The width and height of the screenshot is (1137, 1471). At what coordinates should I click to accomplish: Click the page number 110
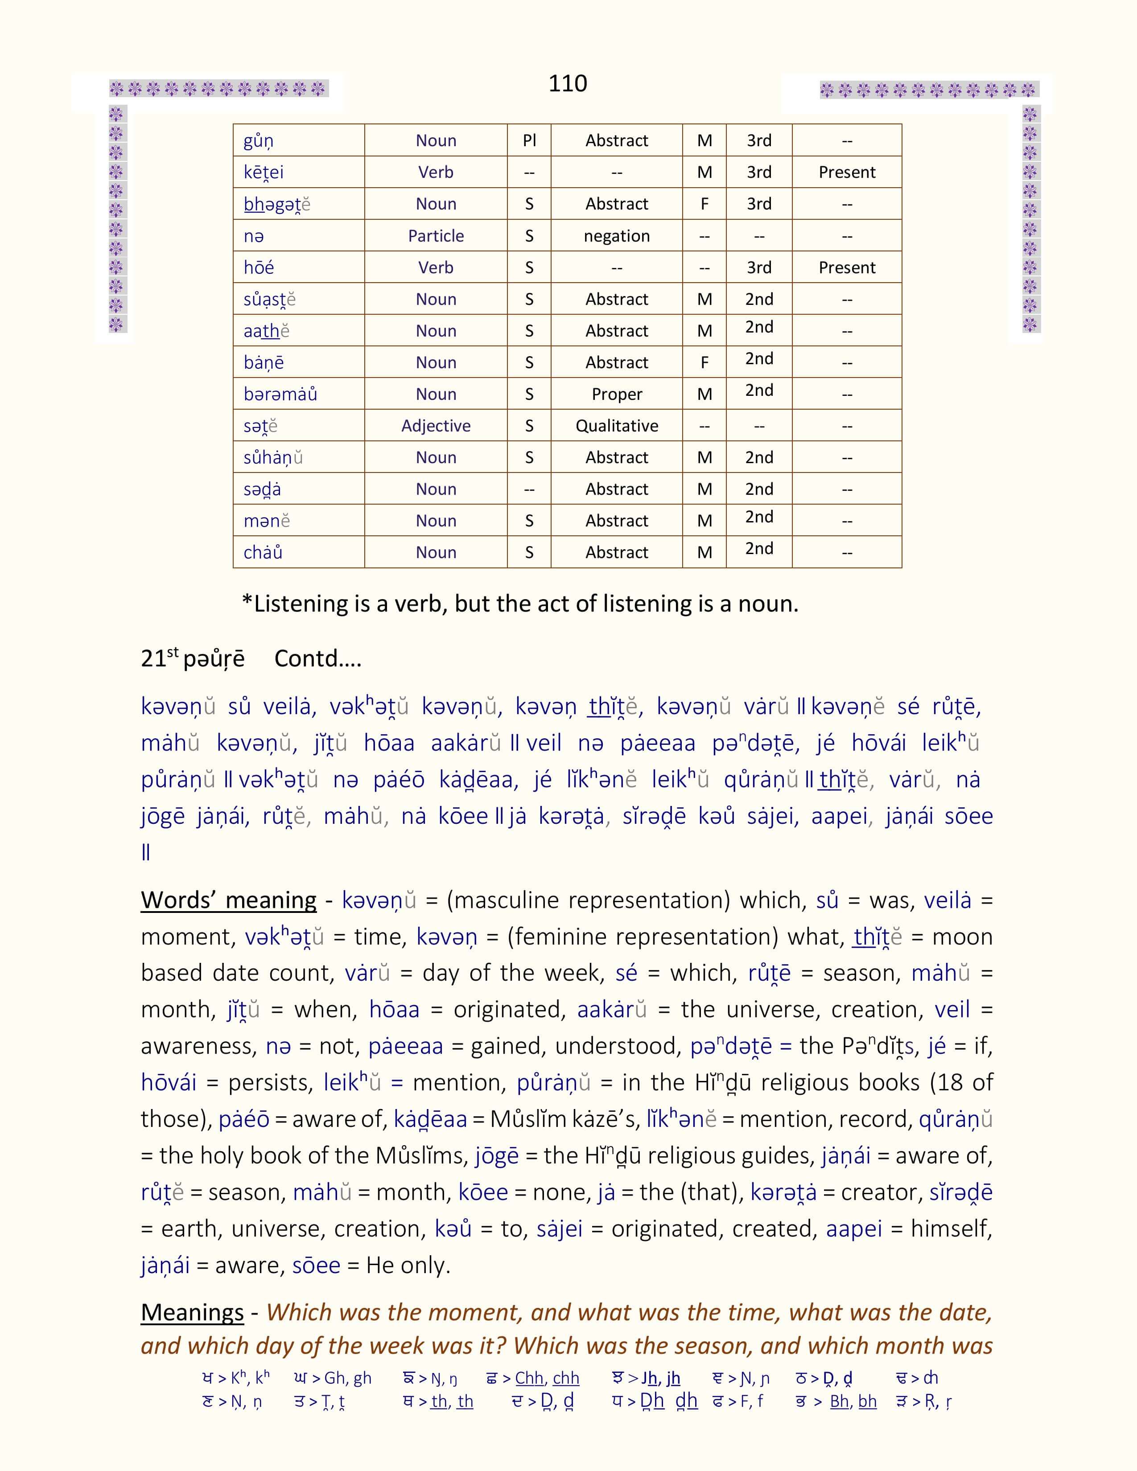click(x=567, y=83)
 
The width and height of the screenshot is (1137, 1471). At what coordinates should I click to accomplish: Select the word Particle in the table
click(x=436, y=236)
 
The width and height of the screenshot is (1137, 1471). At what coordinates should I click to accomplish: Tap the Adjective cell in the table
click(x=436, y=426)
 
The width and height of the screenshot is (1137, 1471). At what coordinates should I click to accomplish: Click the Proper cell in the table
click(x=616, y=394)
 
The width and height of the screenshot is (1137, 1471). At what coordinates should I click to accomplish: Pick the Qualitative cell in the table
click(x=616, y=426)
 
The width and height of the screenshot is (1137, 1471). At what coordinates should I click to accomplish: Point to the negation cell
click(x=616, y=236)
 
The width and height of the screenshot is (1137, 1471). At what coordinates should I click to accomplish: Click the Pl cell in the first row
click(x=529, y=140)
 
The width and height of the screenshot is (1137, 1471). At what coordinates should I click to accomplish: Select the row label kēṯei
click(x=264, y=173)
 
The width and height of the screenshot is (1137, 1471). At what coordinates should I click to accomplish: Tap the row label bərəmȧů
click(x=280, y=394)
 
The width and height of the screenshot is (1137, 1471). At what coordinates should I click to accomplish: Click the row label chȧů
click(x=263, y=552)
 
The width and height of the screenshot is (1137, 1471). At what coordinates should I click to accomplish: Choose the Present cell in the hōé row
click(x=847, y=267)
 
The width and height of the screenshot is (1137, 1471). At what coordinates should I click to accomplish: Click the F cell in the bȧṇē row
click(x=704, y=362)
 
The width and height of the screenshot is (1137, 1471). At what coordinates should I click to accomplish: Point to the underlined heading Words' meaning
click(x=228, y=900)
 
